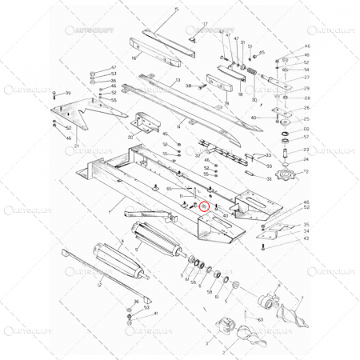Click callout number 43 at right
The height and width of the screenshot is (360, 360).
point(306,238)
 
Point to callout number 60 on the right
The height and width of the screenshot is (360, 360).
point(306,128)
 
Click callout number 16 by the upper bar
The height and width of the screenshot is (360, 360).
point(134,58)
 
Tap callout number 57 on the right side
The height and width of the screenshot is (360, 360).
point(306,137)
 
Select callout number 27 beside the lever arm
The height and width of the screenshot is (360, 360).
point(306,78)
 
